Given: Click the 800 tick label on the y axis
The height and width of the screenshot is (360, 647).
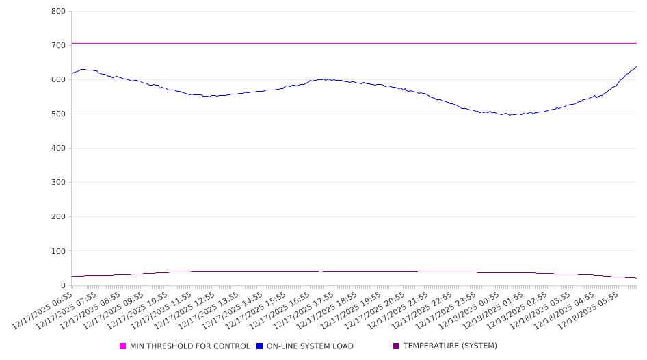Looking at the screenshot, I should click(x=58, y=11).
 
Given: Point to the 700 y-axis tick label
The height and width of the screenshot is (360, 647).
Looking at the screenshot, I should click(x=58, y=45).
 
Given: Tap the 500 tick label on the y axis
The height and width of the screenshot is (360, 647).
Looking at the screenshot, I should click(x=58, y=114).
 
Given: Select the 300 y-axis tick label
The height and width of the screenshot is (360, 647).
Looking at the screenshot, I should click(x=58, y=183).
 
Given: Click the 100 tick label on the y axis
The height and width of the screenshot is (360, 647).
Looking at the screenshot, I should click(x=58, y=251).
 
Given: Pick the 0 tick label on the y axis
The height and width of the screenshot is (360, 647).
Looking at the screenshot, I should click(x=62, y=285).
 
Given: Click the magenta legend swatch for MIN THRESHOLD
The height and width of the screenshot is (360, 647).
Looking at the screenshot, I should click(x=123, y=346).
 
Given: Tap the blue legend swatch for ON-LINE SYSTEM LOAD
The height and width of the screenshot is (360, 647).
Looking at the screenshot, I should click(x=260, y=346).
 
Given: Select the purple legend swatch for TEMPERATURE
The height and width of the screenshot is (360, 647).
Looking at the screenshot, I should click(x=397, y=346).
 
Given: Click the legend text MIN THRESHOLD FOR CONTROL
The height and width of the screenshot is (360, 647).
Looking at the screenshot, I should click(x=189, y=346).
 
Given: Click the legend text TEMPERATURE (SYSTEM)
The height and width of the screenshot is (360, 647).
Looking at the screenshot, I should click(x=450, y=346).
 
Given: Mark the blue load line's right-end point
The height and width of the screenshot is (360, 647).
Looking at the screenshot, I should click(x=636, y=67).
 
